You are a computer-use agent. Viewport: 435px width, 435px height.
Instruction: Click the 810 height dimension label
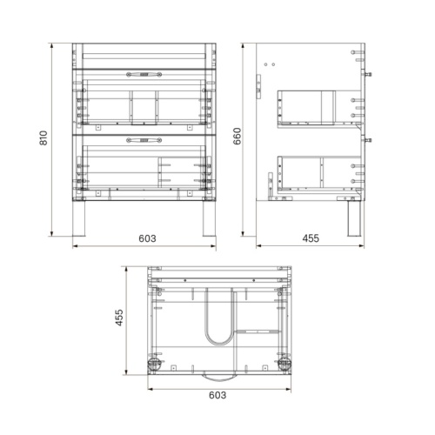click(43, 138)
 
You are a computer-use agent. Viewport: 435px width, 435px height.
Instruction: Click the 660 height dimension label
click(237, 136)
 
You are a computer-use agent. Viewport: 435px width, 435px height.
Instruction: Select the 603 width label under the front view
click(147, 238)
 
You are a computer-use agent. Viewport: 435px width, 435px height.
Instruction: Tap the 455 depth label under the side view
click(311, 238)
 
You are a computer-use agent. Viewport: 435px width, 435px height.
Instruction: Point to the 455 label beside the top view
click(119, 318)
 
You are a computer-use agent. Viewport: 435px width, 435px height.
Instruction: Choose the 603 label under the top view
click(217, 395)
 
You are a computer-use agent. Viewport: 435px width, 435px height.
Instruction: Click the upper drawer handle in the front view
click(144, 75)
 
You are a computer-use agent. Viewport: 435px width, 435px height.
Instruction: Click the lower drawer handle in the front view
click(144, 140)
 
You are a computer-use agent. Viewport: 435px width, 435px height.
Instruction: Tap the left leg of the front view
click(79, 218)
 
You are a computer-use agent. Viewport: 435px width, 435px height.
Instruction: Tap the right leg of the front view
click(209, 218)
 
